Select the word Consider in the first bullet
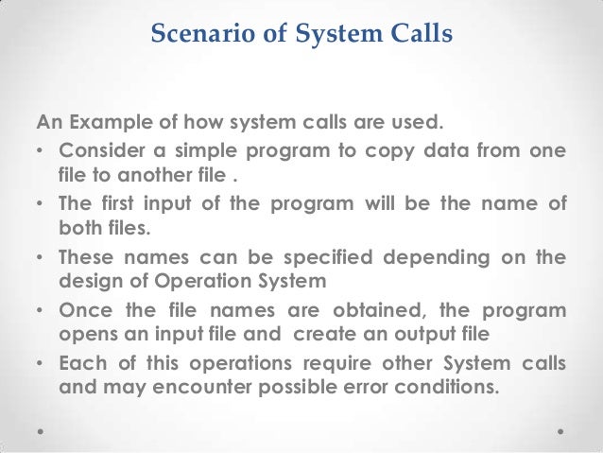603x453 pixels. pos(101,153)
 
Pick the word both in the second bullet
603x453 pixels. pos(79,230)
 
